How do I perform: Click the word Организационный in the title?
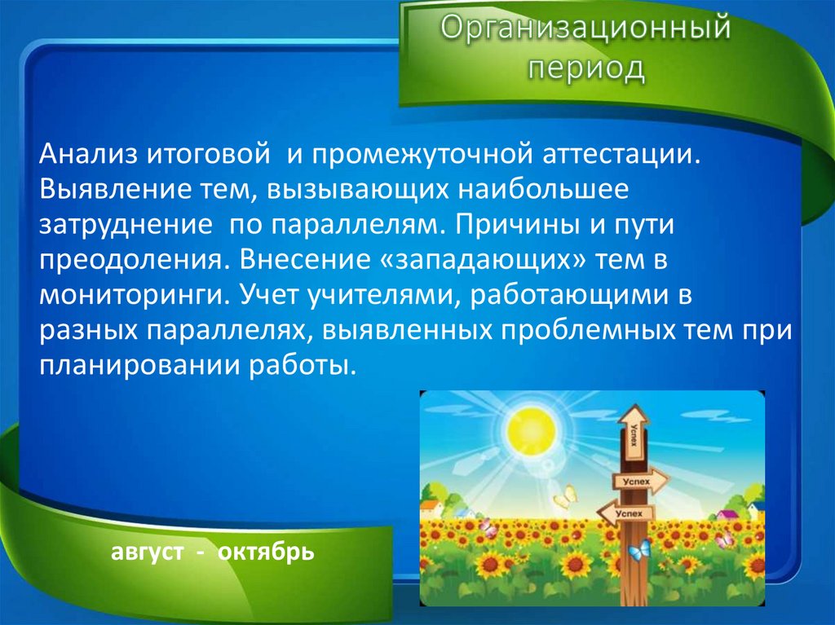(x=586, y=32)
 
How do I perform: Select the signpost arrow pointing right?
(x=640, y=481)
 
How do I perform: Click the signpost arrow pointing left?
(x=626, y=513)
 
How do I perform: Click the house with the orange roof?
(x=431, y=508)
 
